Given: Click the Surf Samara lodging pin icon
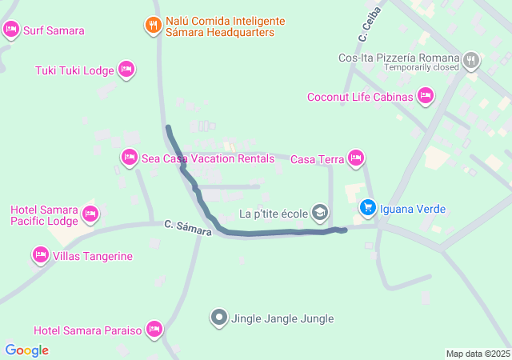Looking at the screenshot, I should click(x=10, y=30).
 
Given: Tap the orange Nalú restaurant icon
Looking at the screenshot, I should click(x=153, y=25).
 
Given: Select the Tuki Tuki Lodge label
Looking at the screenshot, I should click(x=75, y=71).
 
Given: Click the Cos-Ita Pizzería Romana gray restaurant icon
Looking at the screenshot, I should click(x=472, y=58).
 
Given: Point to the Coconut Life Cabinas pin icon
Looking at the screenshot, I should click(x=426, y=97).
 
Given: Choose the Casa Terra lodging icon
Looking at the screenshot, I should click(x=357, y=158).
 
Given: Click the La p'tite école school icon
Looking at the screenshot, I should click(x=320, y=213).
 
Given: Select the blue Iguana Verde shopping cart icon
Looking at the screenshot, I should click(x=367, y=208).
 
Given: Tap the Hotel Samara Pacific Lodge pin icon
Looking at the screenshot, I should click(x=90, y=214).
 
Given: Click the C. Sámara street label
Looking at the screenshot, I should click(x=189, y=227).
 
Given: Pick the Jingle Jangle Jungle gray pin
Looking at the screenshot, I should click(x=219, y=318).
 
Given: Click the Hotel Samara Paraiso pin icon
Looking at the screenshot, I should click(x=155, y=330).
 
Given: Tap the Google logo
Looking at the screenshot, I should click(x=27, y=350).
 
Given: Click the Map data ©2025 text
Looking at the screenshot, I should click(x=478, y=354).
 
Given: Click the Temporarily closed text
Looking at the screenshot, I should click(x=420, y=67).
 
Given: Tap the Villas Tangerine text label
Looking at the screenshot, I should click(x=94, y=257).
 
